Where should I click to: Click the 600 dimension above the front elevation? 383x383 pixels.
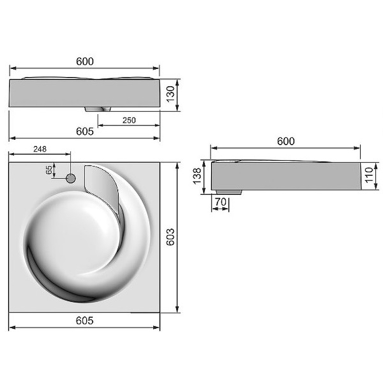coord(85,61)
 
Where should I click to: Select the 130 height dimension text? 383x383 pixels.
coord(170,94)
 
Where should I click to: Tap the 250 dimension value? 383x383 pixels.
coord(129,120)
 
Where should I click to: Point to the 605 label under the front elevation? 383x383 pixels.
coord(85,131)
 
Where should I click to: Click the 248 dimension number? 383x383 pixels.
coord(40,149)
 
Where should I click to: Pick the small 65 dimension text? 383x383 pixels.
coord(49,170)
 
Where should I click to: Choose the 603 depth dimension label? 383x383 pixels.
coord(170,237)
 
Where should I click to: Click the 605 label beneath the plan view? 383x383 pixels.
coord(85,320)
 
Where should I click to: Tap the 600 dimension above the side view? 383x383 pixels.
coord(286,141)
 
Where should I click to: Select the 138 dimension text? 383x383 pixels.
coord(197,176)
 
